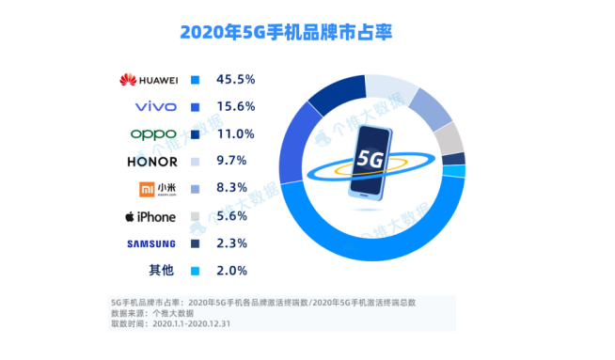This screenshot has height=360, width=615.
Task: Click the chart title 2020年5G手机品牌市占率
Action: pos(286,32)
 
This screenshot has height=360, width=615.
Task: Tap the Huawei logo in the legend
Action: pos(149,80)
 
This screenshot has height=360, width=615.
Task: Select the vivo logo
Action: pos(156,106)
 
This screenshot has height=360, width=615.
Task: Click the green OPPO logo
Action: pos(153,134)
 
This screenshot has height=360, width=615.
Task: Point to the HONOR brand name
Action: pos(152,162)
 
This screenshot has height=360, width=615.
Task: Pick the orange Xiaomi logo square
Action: pos(147,190)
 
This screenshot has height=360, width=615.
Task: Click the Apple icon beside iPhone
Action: pos(130,216)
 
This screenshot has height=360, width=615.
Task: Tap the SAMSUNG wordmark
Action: pos(151,244)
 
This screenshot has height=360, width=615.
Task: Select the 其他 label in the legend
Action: pos(161,270)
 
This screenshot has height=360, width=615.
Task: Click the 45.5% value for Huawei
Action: pos(235,80)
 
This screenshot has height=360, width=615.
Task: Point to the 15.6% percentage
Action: pos(235,106)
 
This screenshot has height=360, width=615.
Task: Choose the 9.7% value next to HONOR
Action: pos(231,161)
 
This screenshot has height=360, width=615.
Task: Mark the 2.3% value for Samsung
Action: pos(231,243)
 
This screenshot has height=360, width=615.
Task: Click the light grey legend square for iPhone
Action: pos(195,216)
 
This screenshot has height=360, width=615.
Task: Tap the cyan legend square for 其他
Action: pos(195,271)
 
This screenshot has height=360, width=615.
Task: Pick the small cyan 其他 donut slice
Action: pos(454,171)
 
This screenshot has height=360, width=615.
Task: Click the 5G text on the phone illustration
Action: pos(370,159)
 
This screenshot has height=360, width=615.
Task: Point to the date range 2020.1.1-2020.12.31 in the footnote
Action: pos(192,324)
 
